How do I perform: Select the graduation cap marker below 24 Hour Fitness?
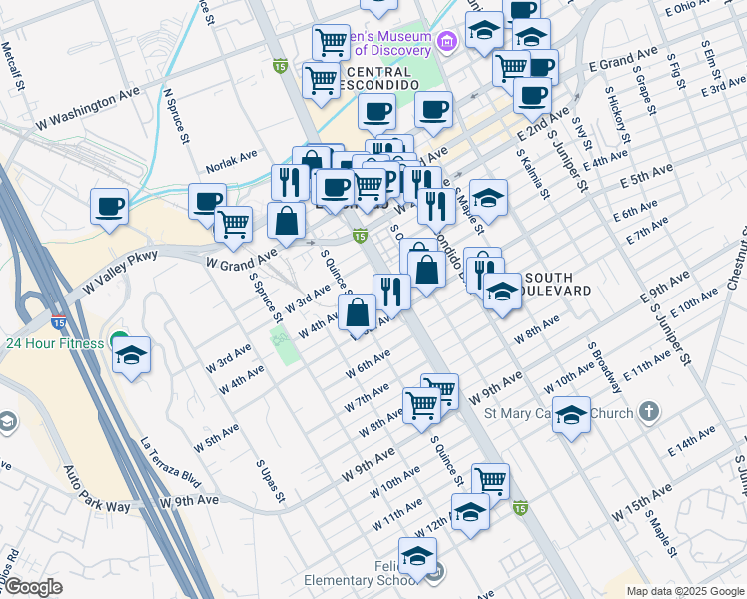131,356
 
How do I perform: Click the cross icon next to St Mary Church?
649,411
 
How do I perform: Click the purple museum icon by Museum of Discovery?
446,41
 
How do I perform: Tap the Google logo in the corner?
33,588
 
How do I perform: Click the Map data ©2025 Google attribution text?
684,591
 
